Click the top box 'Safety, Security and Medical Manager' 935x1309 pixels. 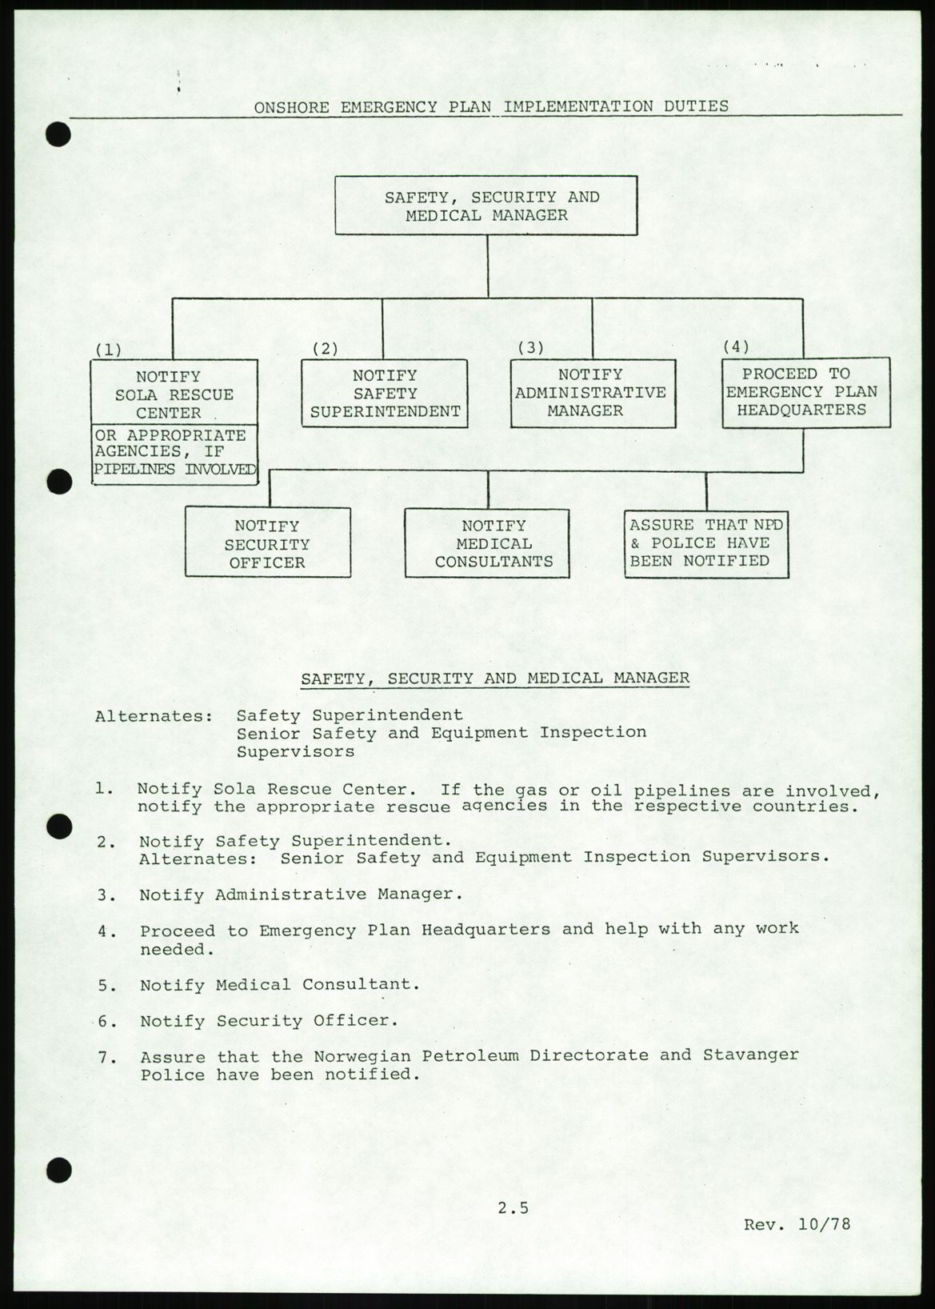coord(485,206)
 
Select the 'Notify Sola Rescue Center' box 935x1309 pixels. coord(174,393)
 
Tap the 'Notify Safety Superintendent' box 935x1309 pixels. coord(385,394)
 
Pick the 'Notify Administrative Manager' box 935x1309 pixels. coord(593,393)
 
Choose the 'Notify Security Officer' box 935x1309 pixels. coord(267,543)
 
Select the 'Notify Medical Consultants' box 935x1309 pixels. coord(486,543)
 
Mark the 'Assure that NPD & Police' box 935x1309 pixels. coord(706,543)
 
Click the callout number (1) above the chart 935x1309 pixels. coord(108,350)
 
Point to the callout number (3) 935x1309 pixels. coord(530,347)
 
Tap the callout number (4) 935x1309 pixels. coord(736,346)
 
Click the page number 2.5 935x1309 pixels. coord(513,1208)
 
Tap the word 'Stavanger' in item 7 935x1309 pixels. coord(750,1055)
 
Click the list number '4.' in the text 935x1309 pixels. coord(107,931)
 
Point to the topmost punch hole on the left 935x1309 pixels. coord(58,134)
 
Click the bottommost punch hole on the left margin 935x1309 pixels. coord(58,1171)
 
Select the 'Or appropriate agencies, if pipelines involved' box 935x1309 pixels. coord(174,453)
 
